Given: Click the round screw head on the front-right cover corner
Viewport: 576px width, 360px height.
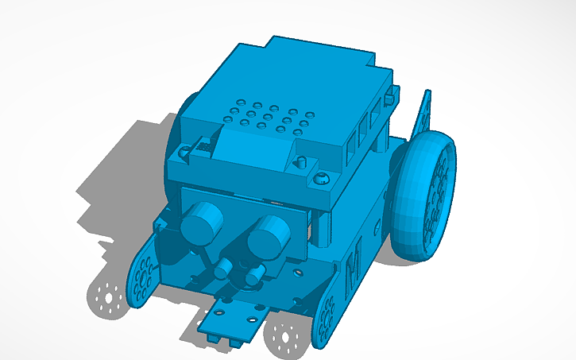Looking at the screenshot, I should click(322, 178).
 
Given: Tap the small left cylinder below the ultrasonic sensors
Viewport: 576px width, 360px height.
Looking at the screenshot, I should click(223, 269).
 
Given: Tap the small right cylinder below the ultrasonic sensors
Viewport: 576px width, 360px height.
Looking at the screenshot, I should click(254, 275).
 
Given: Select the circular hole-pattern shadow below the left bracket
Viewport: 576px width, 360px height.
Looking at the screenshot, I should click(106, 297).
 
